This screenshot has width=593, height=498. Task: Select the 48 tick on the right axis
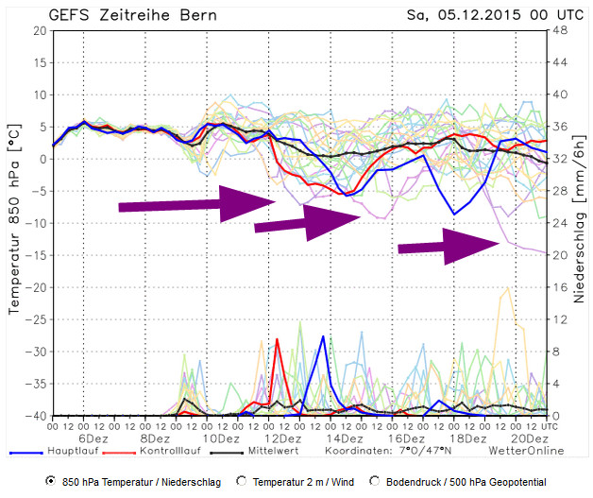(557, 30)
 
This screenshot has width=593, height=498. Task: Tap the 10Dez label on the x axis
(219, 439)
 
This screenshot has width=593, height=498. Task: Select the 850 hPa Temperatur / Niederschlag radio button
(50, 481)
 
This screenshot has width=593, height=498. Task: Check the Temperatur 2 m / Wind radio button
(241, 481)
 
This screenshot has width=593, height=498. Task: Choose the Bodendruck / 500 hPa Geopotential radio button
(377, 481)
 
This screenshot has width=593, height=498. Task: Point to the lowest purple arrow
(449, 246)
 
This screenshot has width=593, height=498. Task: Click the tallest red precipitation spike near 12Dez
(278, 340)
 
